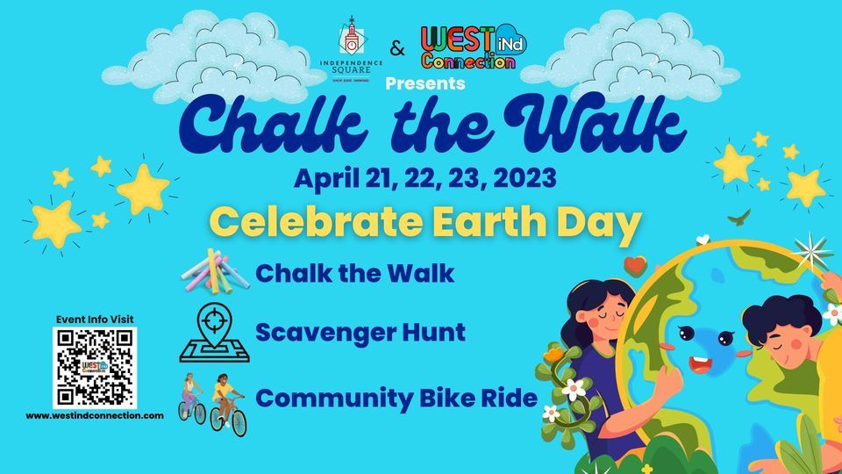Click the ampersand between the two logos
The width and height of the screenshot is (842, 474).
coord(398,50)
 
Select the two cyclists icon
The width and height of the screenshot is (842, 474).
coord(212,401)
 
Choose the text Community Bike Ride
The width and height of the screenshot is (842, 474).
coord(396,398)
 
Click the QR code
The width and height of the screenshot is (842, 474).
coord(95,366)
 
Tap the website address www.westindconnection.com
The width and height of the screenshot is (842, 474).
coord(95,415)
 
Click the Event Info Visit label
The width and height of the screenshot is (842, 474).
coord(95,319)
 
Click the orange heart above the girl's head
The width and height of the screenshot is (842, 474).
coord(634,263)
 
